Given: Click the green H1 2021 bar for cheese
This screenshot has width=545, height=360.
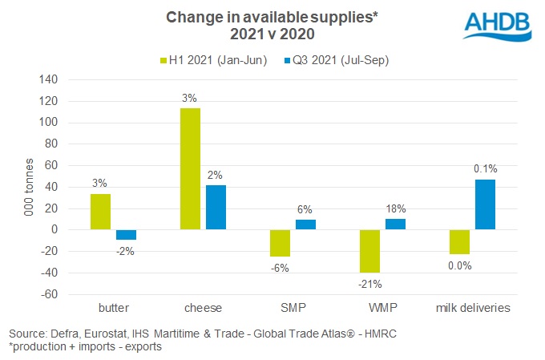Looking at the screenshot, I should click(190, 169).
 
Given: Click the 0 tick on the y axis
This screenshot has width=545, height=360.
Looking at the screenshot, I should click(53, 230).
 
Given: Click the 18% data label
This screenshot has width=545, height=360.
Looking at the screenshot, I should click(394, 207).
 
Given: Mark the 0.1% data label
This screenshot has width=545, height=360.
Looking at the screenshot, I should click(485, 168).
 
